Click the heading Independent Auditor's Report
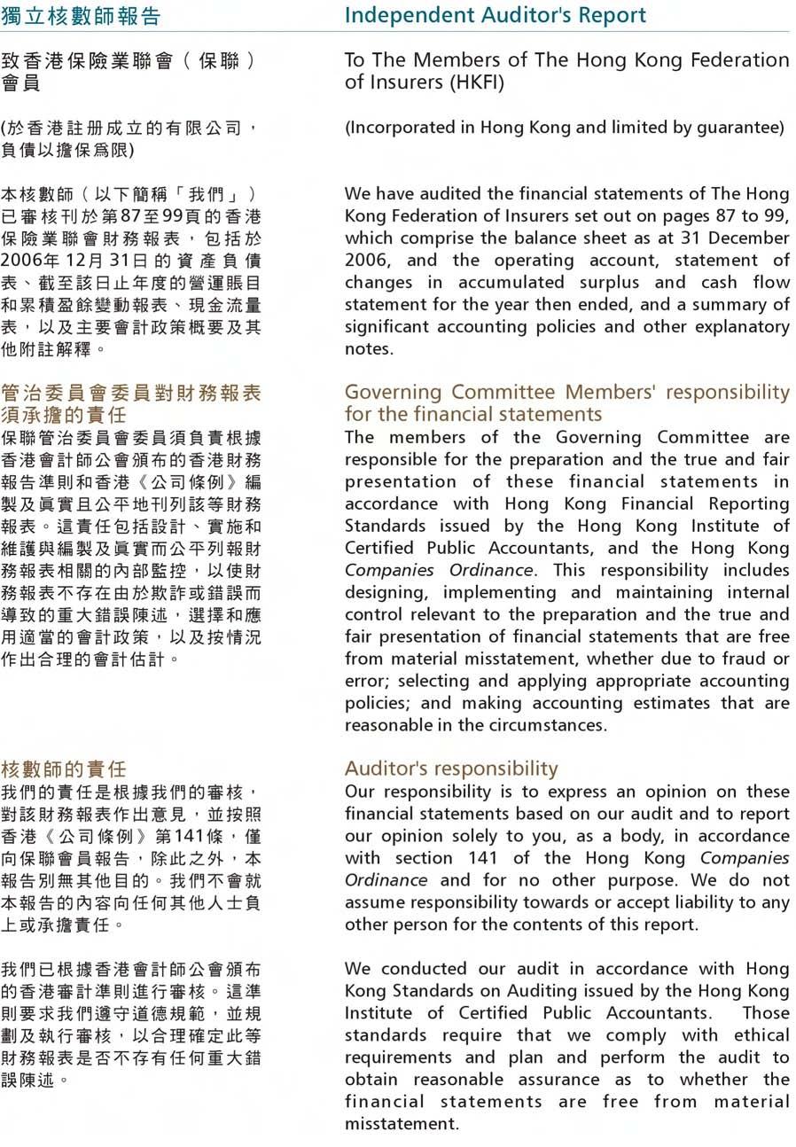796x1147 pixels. [495, 15]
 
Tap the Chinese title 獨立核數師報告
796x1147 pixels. [81, 16]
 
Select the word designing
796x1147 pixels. [386, 592]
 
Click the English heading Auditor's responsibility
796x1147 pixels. [451, 769]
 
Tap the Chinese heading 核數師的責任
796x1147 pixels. [63, 769]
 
